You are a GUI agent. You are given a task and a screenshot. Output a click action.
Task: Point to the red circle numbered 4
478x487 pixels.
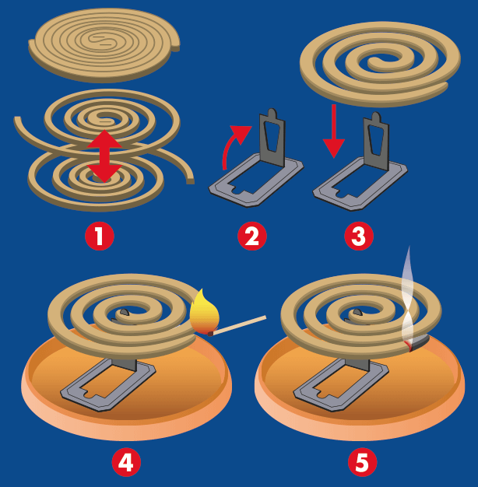(125, 462)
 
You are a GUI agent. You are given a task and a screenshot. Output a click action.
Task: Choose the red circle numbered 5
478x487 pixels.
(361, 462)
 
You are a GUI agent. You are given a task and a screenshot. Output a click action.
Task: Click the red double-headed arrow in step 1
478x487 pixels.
(104, 156)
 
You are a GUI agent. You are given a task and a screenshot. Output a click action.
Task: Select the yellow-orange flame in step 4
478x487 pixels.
(205, 313)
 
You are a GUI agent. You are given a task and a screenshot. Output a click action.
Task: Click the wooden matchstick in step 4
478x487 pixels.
(241, 325)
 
